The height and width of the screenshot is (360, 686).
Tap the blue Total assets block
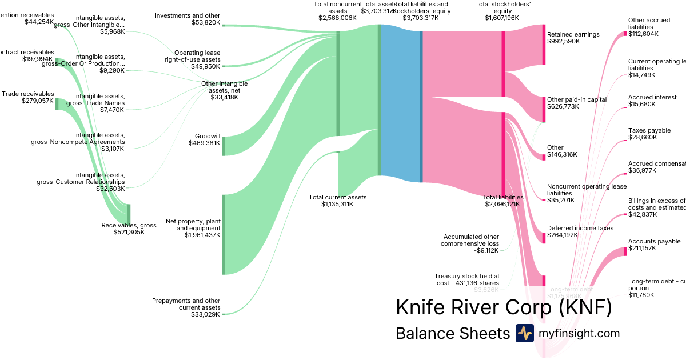400,103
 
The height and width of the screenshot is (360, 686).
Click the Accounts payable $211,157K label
654,245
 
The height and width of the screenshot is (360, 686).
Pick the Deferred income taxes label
580,228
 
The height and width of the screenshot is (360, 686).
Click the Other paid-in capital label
576,103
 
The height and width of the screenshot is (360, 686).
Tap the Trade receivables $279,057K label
28,98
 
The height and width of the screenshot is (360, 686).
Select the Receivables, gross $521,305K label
129,229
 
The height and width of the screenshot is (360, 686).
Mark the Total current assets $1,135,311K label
337,201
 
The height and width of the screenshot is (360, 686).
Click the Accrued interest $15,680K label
652,101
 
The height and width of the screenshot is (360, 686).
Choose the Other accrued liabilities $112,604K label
649,27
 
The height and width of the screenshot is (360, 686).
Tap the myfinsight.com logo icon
524,333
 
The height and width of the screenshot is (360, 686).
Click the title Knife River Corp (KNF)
504,307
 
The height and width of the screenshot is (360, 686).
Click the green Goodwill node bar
224,146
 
